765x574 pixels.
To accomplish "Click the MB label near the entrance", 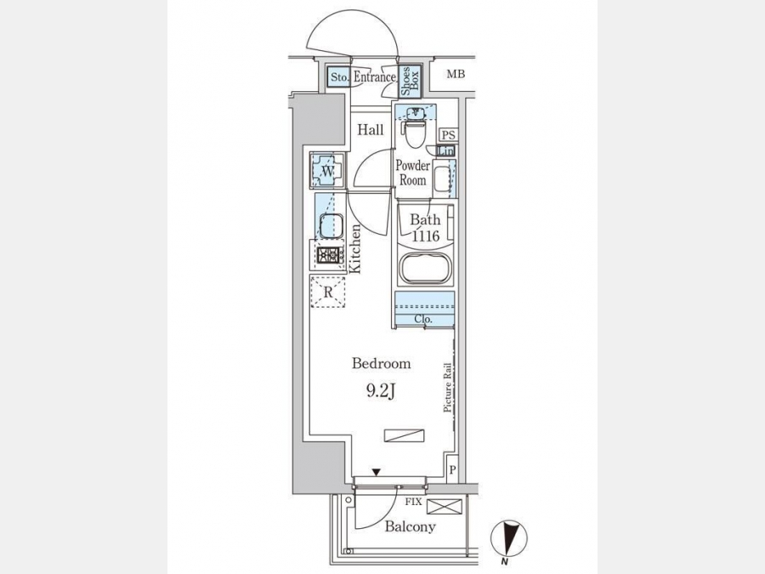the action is [x=456, y=74].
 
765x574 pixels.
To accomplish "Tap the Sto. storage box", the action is [x=338, y=77].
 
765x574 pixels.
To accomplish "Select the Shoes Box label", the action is [x=410, y=81].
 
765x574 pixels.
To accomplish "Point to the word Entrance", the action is [x=375, y=77].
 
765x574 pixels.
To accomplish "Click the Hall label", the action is [x=371, y=130].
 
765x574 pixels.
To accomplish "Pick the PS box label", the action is [x=448, y=135].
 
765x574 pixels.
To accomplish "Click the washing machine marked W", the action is [x=328, y=170].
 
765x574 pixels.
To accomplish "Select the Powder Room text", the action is [x=413, y=173].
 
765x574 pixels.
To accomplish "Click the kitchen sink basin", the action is [x=331, y=226].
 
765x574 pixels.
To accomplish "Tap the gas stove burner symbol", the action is [x=329, y=255].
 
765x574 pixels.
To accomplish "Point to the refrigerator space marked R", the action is [x=328, y=292].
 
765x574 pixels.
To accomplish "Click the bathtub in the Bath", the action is [x=425, y=268].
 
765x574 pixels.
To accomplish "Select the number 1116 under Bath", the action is [x=426, y=236].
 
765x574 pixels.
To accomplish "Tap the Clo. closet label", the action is [x=423, y=320].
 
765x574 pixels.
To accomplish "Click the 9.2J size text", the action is [x=380, y=391].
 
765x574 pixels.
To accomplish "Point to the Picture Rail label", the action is [x=447, y=388].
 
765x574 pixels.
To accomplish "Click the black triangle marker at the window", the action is [x=377, y=472].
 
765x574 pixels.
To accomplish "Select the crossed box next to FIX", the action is [x=444, y=506].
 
